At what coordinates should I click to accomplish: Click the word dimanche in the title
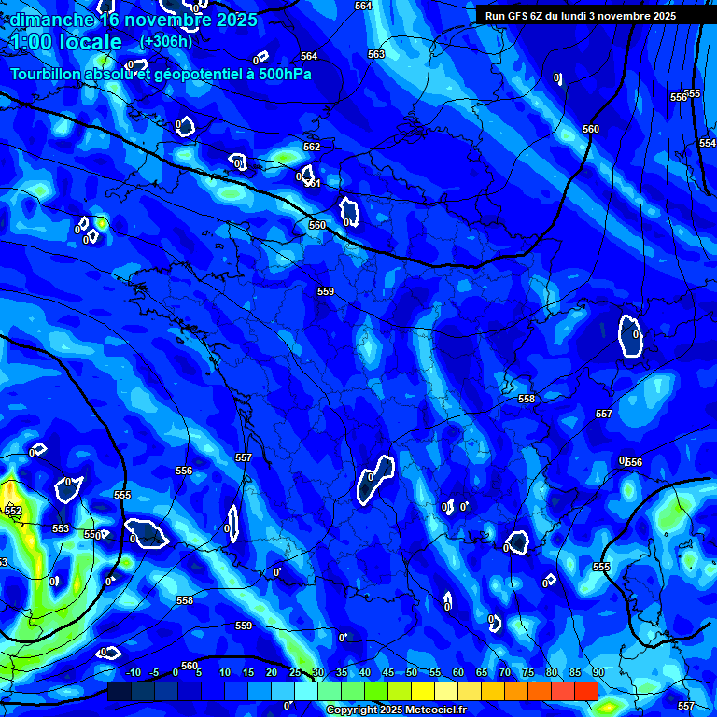click(51, 20)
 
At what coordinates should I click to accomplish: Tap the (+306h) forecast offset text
click(166, 41)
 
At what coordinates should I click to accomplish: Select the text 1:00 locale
click(65, 42)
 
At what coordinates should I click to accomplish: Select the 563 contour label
click(376, 54)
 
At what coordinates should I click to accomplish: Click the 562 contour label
click(312, 147)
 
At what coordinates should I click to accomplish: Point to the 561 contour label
click(313, 183)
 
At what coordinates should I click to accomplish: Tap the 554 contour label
click(708, 143)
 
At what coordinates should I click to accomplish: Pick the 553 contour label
click(61, 528)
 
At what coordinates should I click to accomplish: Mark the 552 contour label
click(13, 511)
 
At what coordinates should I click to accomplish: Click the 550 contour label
click(91, 535)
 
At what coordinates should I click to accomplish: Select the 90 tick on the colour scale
click(597, 672)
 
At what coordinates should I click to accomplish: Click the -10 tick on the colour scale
click(133, 672)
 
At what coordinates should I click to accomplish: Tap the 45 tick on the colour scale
click(388, 672)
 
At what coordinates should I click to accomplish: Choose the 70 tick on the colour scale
click(504, 672)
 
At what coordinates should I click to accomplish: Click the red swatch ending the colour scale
click(586, 691)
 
